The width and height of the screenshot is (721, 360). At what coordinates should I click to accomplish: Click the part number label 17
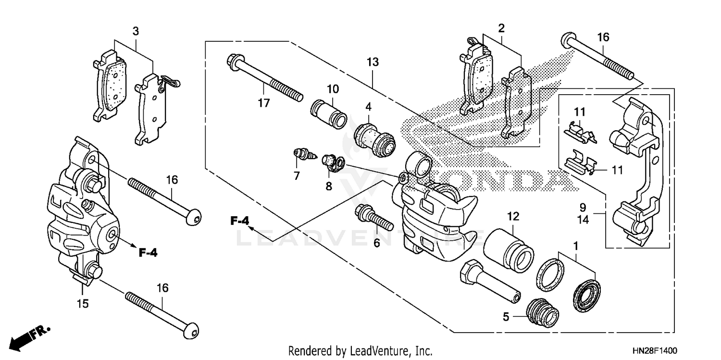[263, 102]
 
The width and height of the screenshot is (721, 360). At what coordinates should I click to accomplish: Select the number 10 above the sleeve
[333, 89]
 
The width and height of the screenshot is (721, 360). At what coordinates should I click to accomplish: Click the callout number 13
[373, 62]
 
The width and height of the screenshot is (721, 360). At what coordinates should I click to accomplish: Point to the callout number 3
[136, 32]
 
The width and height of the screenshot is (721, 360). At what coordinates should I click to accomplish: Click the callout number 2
[501, 28]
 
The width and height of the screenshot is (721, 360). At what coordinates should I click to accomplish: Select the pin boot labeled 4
[374, 134]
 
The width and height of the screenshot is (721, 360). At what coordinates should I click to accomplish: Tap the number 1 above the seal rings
[576, 246]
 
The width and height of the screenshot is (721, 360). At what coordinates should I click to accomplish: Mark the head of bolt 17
[233, 62]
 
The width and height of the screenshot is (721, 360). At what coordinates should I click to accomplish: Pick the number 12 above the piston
[513, 216]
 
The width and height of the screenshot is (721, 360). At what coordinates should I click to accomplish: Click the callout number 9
[583, 208]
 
